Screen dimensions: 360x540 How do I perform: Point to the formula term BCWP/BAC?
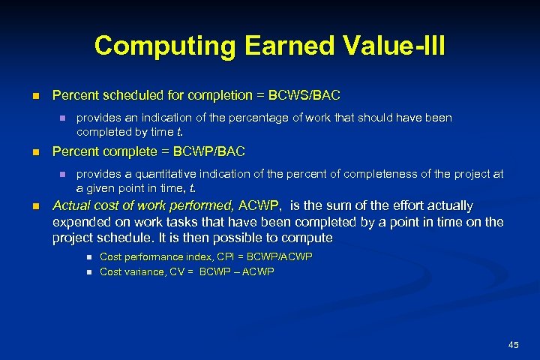[208, 151]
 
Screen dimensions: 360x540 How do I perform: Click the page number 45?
[513, 344]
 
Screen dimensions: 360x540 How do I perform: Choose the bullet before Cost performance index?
[88, 257]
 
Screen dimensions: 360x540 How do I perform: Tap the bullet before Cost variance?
[88, 272]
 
